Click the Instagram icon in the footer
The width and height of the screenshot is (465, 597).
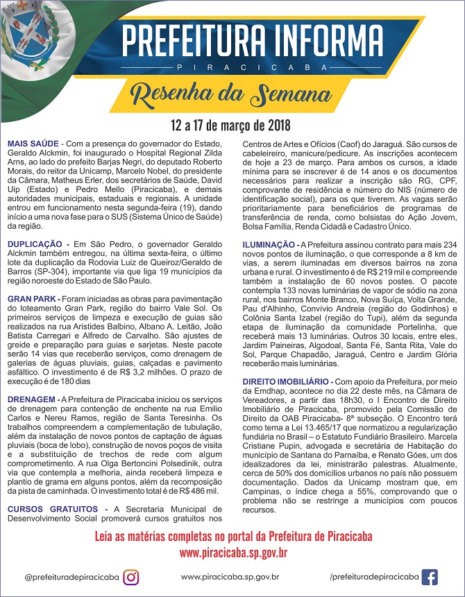(131, 577)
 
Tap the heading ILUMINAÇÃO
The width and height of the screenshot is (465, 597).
(269, 245)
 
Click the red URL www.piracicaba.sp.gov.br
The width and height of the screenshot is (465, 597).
(233, 553)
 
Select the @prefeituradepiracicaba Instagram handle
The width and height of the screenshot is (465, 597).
(70, 577)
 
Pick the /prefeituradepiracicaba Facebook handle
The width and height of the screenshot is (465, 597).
(375, 577)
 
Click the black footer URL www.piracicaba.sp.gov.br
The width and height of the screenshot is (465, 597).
(230, 577)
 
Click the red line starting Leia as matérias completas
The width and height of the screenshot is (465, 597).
(232, 537)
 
